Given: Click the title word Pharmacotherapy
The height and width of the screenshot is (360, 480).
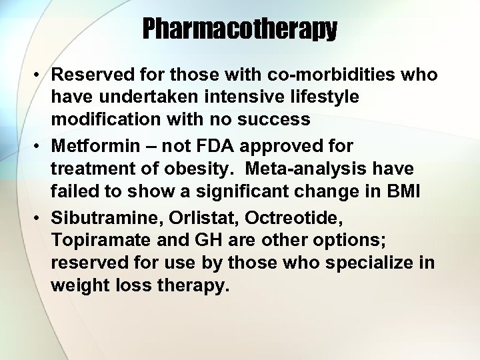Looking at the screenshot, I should pos(240,29).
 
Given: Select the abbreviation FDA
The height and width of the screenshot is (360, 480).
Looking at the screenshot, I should pos(223,146).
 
